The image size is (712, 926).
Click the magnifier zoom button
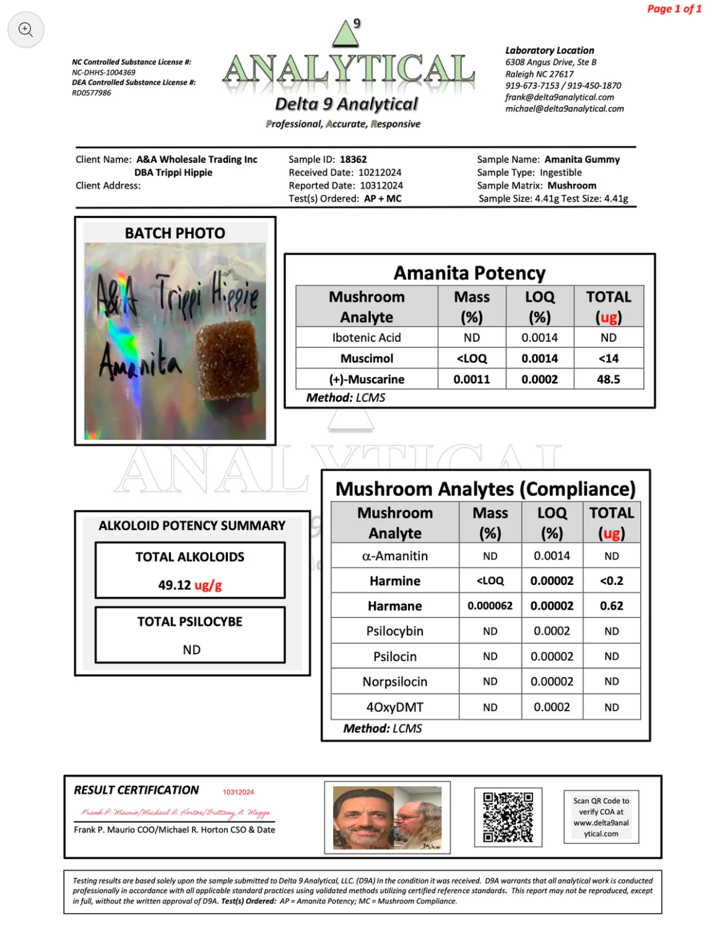[x=25, y=29]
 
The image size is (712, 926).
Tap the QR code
[x=508, y=816]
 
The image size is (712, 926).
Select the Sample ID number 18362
[x=353, y=159]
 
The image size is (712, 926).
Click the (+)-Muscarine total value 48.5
[x=608, y=379]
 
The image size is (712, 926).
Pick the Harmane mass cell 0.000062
[x=490, y=606]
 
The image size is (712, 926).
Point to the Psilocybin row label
[x=394, y=631]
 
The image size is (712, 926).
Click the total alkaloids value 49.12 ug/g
[x=189, y=585]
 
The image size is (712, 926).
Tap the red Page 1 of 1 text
[x=674, y=9]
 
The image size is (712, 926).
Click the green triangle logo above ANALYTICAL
[x=345, y=35]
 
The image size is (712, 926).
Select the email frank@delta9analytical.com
[x=559, y=97]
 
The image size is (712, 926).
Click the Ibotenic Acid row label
[x=366, y=337]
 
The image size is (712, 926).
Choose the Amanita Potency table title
[x=469, y=273]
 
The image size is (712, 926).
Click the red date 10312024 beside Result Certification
[x=238, y=792]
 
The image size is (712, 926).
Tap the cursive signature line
[x=175, y=812]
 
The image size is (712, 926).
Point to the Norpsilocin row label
[x=394, y=682]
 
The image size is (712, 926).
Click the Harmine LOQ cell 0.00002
[x=552, y=581]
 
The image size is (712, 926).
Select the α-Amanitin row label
[x=394, y=556]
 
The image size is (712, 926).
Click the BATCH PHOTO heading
[x=175, y=233]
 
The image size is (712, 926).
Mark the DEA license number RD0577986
[x=92, y=93]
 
